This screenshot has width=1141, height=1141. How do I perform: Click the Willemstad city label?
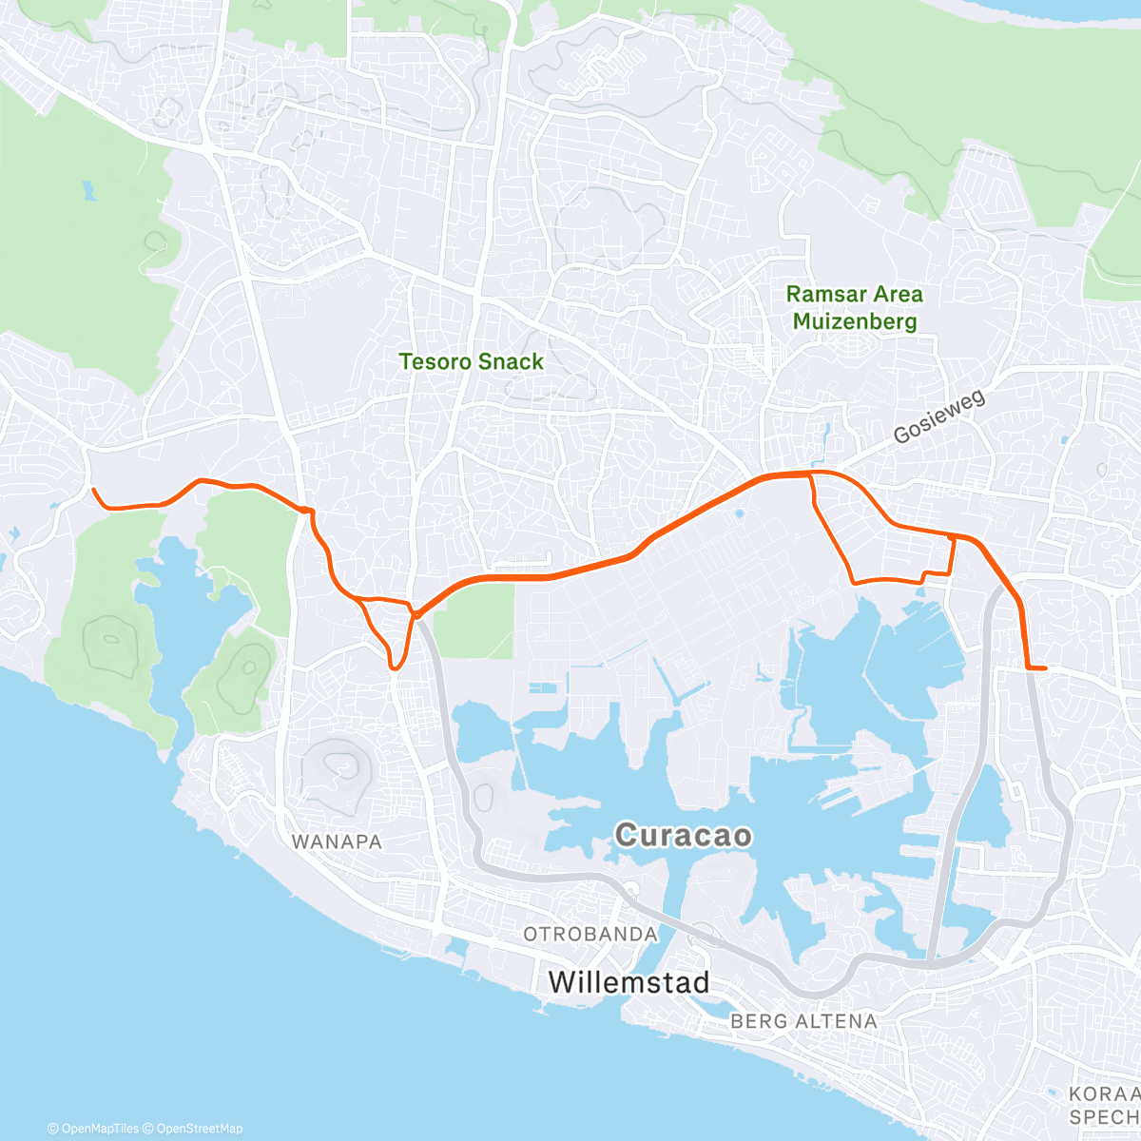point(629,981)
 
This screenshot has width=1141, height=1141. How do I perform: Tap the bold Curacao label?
point(683,836)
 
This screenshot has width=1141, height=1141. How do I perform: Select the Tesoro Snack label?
point(472,361)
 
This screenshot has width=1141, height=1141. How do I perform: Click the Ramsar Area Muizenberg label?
point(855,307)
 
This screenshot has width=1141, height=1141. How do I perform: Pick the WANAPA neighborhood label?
point(337,841)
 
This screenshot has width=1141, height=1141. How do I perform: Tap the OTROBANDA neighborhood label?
point(590,934)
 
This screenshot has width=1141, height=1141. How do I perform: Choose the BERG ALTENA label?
point(803,1021)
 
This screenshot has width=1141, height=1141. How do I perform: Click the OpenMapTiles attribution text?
point(92,1129)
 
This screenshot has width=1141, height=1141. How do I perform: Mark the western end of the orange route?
point(93,490)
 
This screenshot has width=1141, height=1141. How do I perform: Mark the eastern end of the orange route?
point(1045,668)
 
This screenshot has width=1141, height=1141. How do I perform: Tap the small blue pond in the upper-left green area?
point(88,190)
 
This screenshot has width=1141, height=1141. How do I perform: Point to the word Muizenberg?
point(855,321)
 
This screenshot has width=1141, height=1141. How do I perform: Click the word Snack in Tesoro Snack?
point(512,361)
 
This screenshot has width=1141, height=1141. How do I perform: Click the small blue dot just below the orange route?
point(740,513)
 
